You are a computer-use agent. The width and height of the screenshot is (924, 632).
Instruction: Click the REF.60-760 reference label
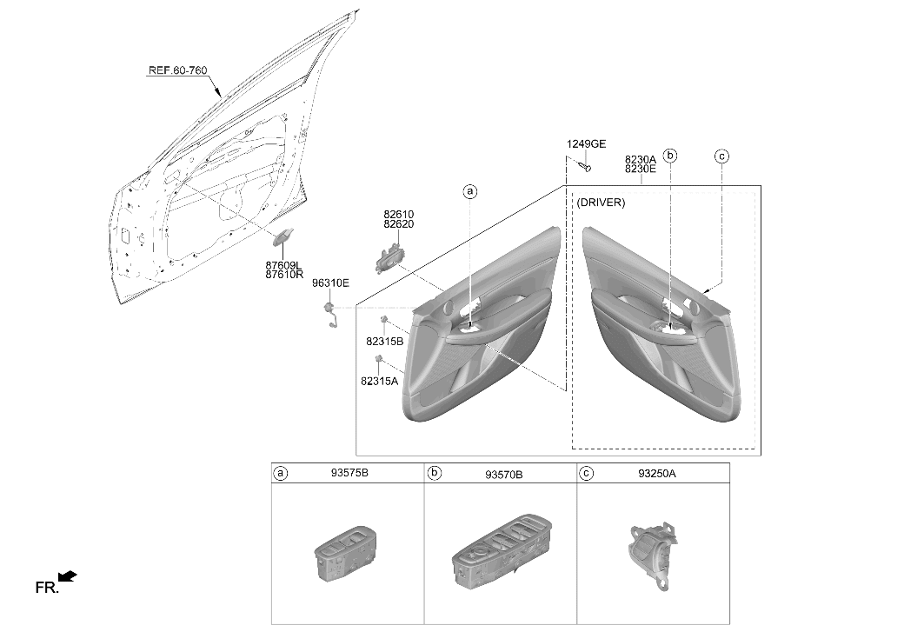pos(177,70)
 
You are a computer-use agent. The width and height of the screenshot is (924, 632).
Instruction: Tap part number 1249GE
pos(586,144)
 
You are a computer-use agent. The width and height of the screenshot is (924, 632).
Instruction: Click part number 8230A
pos(640,159)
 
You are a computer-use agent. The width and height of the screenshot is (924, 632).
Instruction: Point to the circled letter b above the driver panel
pos(670,156)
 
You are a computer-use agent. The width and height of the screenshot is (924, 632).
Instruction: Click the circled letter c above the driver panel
pos(721,156)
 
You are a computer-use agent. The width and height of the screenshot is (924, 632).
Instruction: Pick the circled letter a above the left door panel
pos(469,191)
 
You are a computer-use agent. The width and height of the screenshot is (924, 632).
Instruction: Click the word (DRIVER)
pos(601,203)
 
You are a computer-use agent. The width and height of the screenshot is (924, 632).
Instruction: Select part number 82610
pos(398,215)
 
